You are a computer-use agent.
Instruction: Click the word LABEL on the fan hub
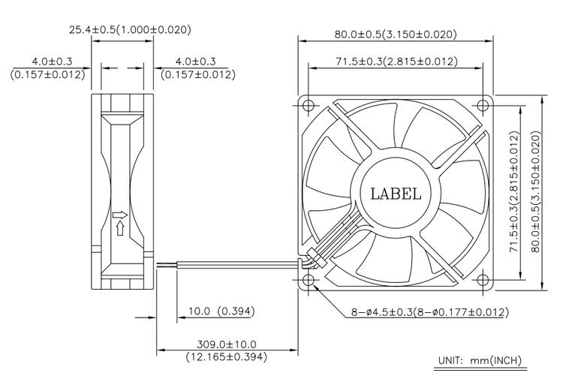[x=396, y=194]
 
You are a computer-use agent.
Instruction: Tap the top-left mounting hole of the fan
[x=309, y=106]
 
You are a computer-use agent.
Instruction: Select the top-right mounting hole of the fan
[x=482, y=106]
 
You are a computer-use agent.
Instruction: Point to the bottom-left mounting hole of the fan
[x=309, y=280]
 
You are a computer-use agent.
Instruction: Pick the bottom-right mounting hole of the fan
[x=482, y=280]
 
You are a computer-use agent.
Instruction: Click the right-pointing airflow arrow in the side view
[x=120, y=215]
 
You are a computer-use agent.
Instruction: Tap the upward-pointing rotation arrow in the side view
[x=120, y=228]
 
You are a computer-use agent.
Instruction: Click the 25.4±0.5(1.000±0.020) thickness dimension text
[x=130, y=29]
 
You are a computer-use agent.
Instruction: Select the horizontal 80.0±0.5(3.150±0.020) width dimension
[x=396, y=34]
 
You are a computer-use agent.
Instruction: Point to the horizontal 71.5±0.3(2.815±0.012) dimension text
[x=397, y=62]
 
